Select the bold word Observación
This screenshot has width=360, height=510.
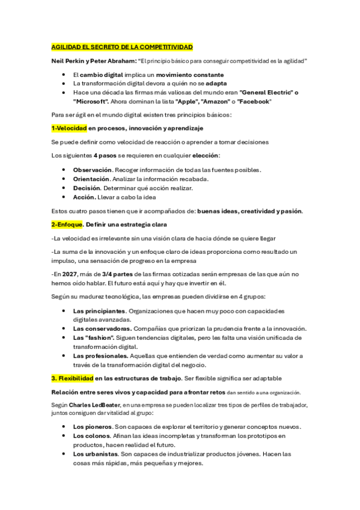coord(93,170)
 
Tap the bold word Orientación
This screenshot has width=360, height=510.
coord(91,179)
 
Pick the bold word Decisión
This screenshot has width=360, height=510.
coord(87,188)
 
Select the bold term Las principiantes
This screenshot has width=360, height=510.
coord(99,311)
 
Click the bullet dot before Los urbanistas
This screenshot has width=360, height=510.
coord(64,454)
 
